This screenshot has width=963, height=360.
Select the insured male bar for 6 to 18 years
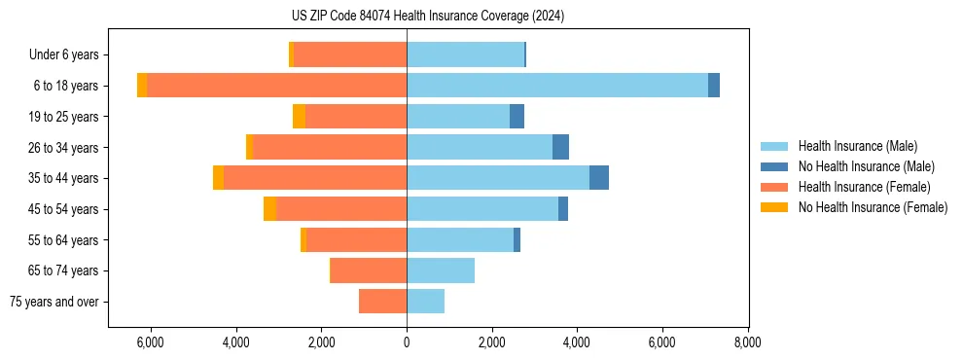557,86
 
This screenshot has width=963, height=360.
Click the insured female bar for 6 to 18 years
276,86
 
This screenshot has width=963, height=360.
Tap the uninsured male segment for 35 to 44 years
599,178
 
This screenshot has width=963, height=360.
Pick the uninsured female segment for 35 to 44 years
219,178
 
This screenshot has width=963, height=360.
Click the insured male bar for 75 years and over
425,302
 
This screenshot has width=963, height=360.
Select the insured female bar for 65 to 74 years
369,270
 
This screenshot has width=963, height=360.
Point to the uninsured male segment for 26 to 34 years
560,147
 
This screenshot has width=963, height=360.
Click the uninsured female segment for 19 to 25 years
299,117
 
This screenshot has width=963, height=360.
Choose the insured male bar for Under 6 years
465,54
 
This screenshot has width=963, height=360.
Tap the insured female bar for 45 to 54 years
341,209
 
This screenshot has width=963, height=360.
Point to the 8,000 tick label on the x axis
747,343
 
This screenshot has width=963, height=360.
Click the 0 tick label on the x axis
407,343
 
